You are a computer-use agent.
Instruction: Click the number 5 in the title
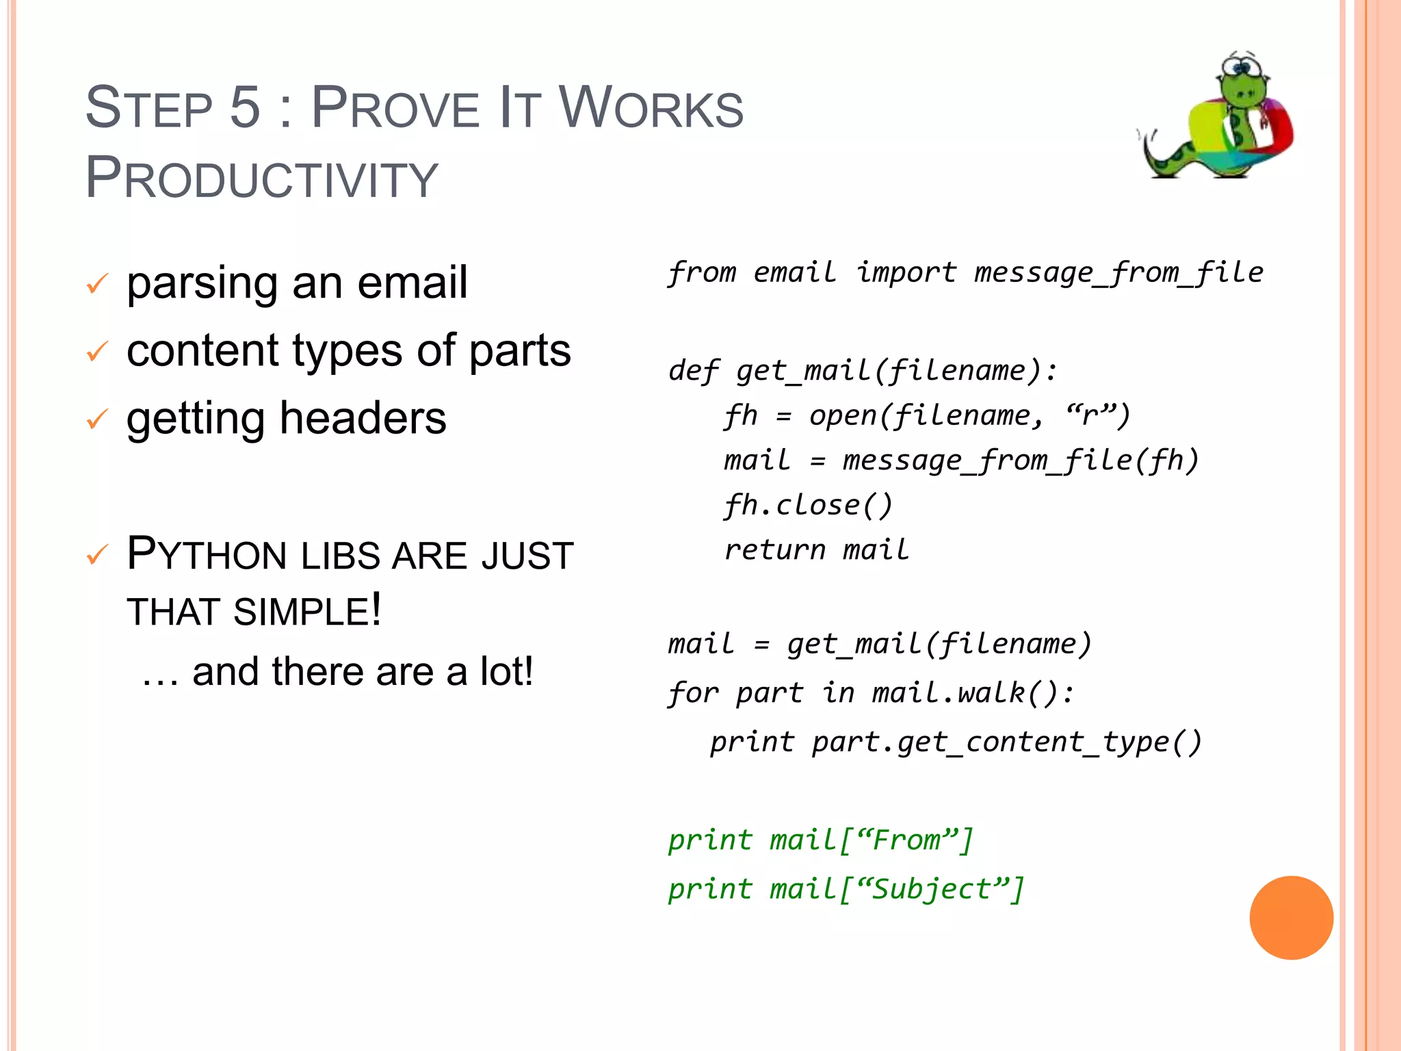click(245, 107)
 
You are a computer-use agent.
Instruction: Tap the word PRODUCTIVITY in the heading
click(261, 179)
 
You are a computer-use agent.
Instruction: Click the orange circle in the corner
click(1291, 918)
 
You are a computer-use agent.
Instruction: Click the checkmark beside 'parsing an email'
click(97, 283)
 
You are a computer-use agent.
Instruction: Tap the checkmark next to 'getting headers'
click(97, 419)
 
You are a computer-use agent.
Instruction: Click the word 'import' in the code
click(906, 272)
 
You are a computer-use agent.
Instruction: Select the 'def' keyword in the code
click(693, 371)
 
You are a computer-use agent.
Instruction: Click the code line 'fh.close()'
click(808, 506)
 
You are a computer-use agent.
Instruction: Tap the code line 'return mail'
click(817, 550)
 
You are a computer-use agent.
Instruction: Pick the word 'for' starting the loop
click(692, 692)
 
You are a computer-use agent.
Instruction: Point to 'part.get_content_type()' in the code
click(1006, 742)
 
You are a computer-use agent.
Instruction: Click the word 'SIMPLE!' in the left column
click(306, 611)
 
